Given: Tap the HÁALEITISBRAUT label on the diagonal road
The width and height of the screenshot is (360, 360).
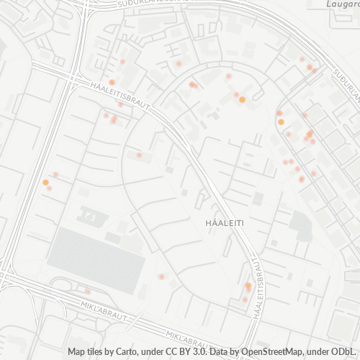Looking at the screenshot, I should (121, 95).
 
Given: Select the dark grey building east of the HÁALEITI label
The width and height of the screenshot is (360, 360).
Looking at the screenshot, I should (300, 228).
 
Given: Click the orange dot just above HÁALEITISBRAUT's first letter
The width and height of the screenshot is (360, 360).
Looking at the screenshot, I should (112, 83).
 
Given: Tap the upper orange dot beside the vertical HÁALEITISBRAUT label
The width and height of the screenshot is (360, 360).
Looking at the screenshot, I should (248, 285).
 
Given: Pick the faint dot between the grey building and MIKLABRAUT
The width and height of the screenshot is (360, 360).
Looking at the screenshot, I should (88, 291).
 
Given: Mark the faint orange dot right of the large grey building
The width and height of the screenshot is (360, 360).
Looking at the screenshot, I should (161, 276).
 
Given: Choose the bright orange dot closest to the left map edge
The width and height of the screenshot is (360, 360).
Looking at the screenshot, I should (45, 183).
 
